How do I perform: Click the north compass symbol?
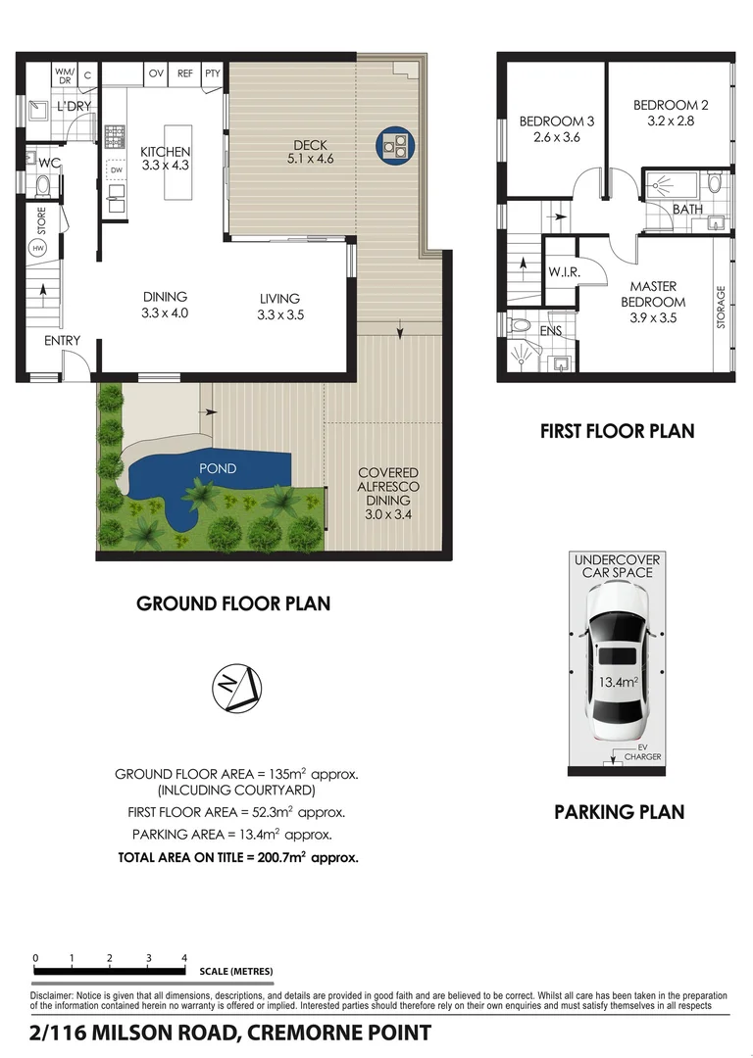click(x=236, y=688)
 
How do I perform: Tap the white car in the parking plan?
click(x=618, y=662)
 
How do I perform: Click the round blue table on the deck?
click(x=395, y=146)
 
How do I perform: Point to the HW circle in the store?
click(x=38, y=248)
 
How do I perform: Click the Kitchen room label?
click(x=165, y=151)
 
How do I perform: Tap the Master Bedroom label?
click(x=653, y=294)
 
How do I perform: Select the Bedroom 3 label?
click(x=557, y=121)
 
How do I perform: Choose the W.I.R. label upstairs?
click(x=564, y=272)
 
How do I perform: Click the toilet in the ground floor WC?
click(x=43, y=184)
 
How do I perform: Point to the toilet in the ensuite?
click(x=521, y=325)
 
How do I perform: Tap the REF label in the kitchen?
click(x=185, y=73)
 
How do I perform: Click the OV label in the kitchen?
click(x=156, y=73)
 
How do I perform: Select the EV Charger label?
click(x=642, y=752)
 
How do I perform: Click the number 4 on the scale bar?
click(x=183, y=957)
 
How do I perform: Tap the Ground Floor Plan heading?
click(x=233, y=603)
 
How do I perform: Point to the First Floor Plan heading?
click(x=618, y=431)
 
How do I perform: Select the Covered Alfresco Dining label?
click(x=388, y=487)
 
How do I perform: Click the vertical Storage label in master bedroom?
click(x=721, y=307)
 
